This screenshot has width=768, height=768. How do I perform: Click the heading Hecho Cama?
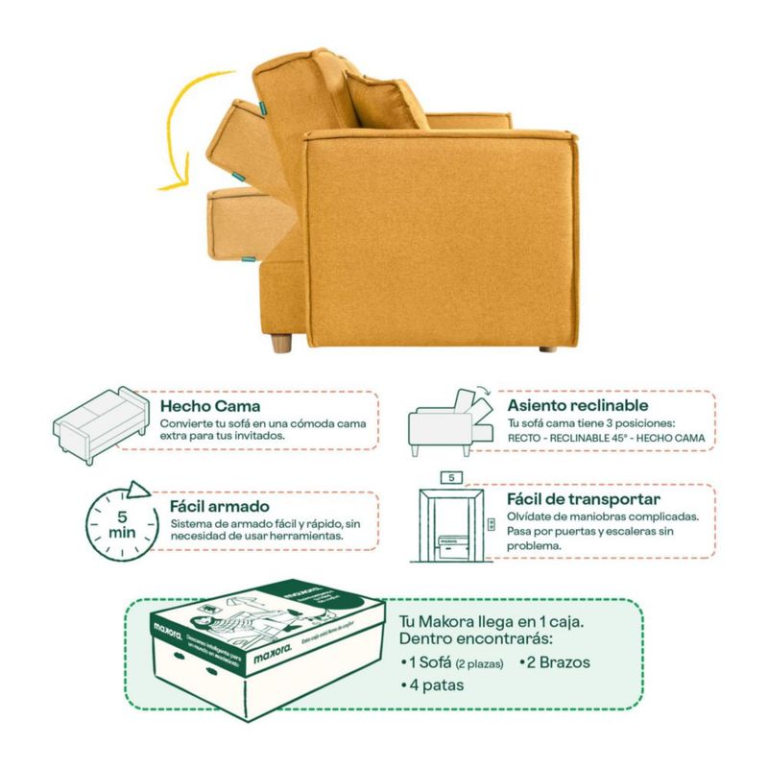tap(209, 405)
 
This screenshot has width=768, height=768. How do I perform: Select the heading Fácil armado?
tap(219, 505)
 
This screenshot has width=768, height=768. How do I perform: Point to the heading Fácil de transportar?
tap(583, 499)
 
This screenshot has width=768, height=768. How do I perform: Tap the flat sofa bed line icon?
tap(100, 422)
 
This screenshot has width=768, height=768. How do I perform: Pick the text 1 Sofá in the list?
tap(426, 662)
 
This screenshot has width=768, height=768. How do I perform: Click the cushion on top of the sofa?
tap(386, 99)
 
